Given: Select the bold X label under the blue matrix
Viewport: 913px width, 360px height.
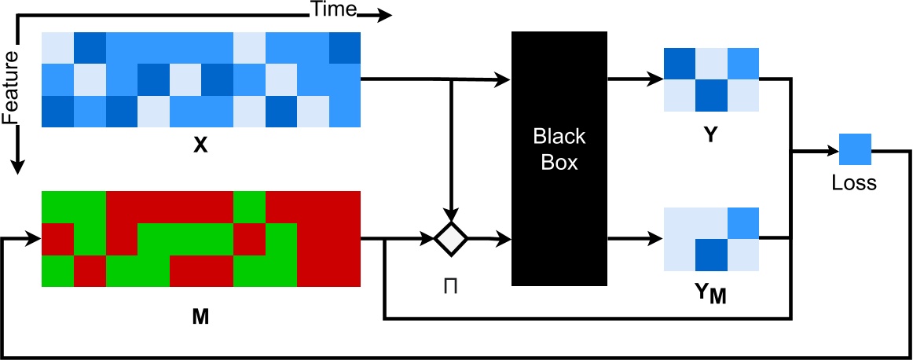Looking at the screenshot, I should click(200, 145).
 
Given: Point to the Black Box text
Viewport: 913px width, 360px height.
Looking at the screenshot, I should click(559, 149).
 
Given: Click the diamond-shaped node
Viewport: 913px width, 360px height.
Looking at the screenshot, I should click(451, 238).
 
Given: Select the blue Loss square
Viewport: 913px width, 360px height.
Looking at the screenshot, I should click(855, 149).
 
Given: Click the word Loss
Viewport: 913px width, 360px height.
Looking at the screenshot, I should click(855, 185).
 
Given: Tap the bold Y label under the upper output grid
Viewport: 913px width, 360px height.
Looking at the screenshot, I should click(710, 135).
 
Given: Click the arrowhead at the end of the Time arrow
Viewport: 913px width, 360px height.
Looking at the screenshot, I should click(383, 15).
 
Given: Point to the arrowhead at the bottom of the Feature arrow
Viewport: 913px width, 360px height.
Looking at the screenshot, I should click(17, 166).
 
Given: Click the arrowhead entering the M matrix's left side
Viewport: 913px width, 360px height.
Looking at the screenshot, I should click(34, 238).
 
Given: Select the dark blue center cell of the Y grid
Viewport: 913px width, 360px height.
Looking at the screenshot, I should click(711, 95).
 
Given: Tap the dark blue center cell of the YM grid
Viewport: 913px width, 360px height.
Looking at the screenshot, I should click(711, 254).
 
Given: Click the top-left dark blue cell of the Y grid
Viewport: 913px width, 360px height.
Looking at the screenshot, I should click(680, 64).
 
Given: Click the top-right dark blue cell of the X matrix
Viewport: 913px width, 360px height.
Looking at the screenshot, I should click(345, 47).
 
